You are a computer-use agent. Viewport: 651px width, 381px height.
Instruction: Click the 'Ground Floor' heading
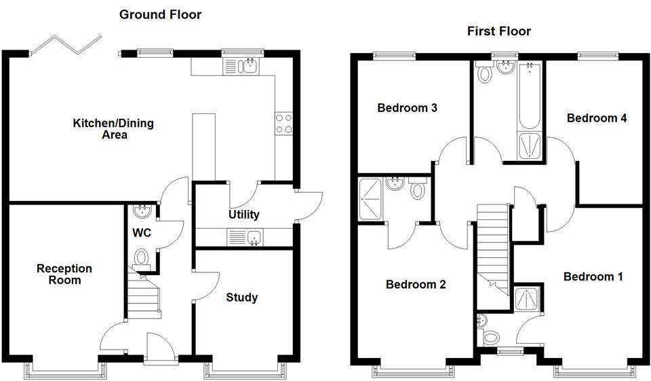(x=160, y=14)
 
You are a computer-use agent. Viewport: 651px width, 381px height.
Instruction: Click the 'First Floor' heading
(x=498, y=31)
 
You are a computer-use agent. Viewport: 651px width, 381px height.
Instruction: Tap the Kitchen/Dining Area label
(x=113, y=129)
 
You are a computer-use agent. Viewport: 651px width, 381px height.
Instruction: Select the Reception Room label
(x=64, y=274)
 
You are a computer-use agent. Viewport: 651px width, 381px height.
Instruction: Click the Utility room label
(x=243, y=215)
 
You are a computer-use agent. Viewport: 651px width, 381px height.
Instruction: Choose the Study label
(x=241, y=297)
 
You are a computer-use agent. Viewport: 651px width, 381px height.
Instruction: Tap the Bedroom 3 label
(x=407, y=107)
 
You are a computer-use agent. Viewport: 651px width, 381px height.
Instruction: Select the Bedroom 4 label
(x=597, y=117)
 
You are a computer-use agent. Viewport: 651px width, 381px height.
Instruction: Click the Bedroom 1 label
(x=593, y=276)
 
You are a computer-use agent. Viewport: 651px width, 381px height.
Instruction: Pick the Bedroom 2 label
(x=416, y=284)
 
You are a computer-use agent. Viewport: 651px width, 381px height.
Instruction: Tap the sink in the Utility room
(x=255, y=237)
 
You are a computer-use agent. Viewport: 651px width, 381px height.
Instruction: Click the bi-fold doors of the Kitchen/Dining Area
(x=66, y=44)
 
